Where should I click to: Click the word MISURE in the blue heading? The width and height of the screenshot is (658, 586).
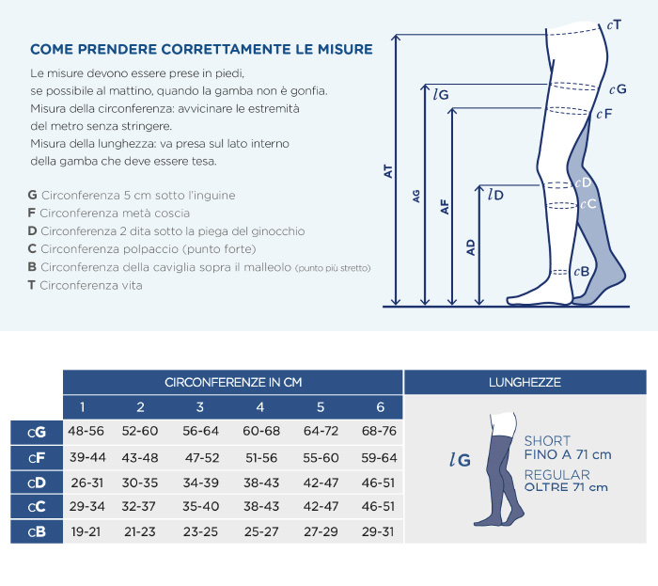point(345,49)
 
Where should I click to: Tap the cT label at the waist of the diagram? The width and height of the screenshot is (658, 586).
point(614,25)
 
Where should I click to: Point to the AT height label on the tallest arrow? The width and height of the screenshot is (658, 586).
point(388,171)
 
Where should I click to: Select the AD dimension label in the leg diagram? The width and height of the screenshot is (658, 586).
point(471,247)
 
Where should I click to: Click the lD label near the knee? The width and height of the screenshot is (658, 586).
point(495,195)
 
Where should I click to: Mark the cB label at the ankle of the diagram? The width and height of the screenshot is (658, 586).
point(582,272)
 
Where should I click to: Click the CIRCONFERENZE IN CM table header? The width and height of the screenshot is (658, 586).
point(233,383)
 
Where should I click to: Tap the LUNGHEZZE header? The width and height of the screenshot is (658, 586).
point(525,383)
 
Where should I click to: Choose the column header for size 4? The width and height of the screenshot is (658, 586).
point(260,406)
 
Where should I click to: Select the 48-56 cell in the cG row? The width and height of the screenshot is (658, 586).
point(86,431)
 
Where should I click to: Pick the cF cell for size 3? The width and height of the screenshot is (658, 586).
point(202,457)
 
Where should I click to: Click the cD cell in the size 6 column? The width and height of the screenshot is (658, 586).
point(378,483)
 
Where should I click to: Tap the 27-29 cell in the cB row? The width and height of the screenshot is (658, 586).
point(321,531)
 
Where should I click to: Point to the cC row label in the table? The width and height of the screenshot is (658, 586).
point(37,507)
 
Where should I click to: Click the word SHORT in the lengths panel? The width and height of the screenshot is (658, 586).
point(547,441)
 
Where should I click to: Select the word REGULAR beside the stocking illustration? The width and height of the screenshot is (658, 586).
point(556,475)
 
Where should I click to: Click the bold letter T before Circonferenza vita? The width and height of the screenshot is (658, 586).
point(31,285)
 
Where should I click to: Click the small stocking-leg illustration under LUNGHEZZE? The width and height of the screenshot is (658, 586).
point(499,468)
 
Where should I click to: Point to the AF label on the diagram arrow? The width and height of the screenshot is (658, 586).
point(445,207)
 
